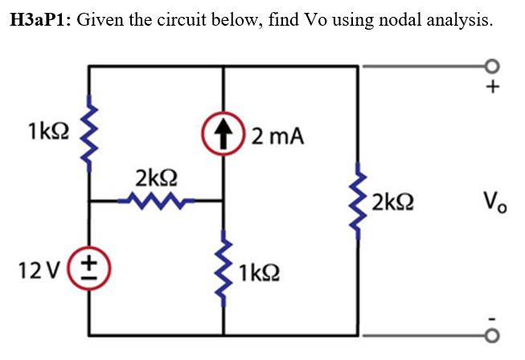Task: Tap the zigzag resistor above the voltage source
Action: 89,134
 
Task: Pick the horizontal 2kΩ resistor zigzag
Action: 156,200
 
